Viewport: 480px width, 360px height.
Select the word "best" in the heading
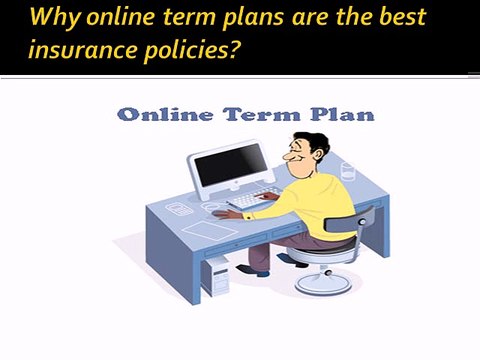coord(392,18)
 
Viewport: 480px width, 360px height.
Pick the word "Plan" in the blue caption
coord(345,114)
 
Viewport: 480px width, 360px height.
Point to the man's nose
coord(285,156)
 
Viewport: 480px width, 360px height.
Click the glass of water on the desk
coord(347,173)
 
